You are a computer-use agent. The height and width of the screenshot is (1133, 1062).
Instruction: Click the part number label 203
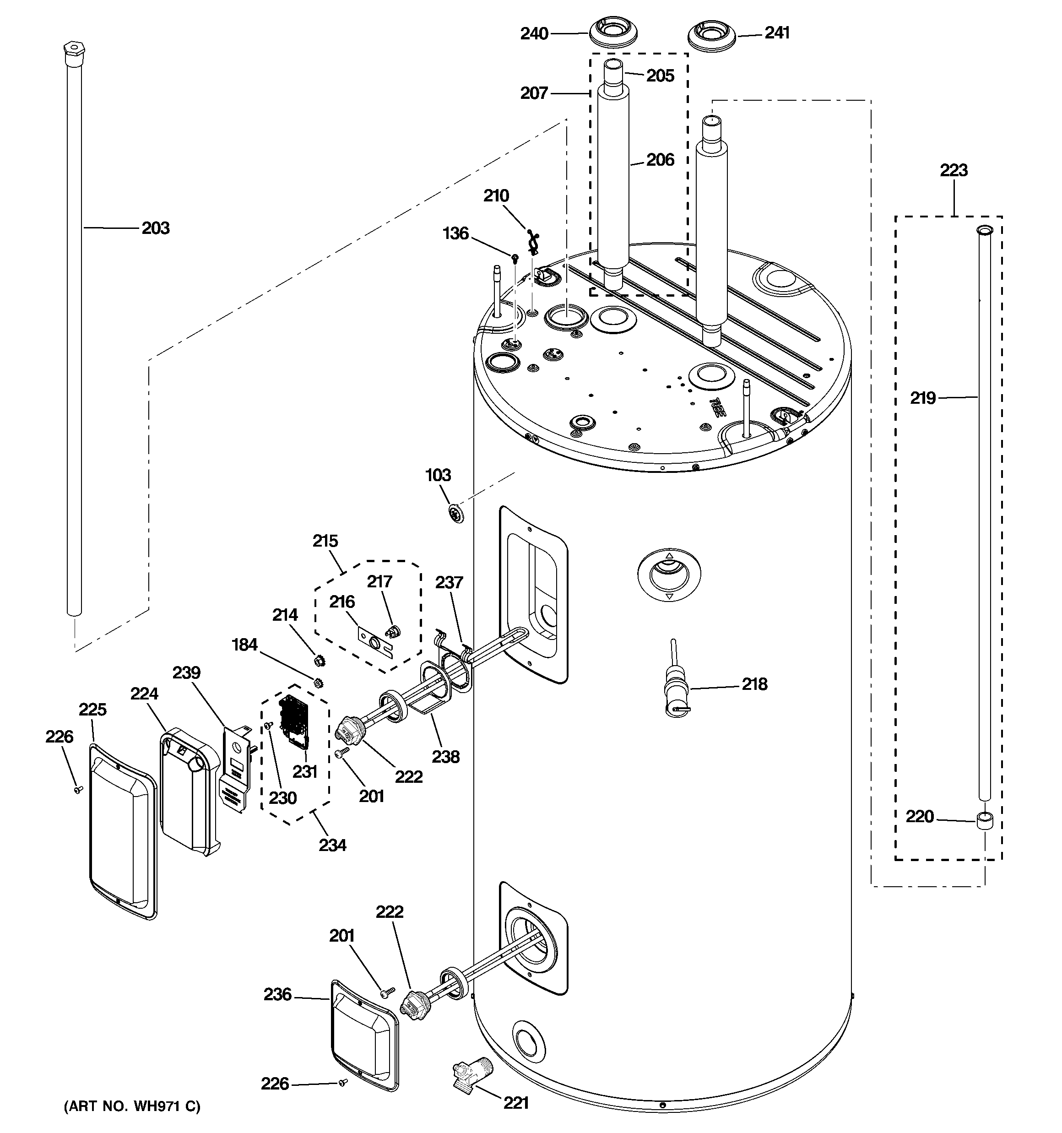[155, 228]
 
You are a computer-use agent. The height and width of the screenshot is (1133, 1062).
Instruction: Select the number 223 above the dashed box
[954, 170]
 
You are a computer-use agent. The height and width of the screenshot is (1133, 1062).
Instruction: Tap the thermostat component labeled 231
[295, 721]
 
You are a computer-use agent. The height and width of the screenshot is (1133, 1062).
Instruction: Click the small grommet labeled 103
[455, 513]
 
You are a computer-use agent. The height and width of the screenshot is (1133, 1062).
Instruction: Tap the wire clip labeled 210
[533, 242]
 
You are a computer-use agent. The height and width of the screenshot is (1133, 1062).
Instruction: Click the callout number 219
[922, 398]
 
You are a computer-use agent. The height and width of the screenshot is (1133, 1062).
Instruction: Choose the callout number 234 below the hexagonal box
[332, 845]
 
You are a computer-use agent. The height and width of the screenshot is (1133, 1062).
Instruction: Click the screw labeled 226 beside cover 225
[79, 789]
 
